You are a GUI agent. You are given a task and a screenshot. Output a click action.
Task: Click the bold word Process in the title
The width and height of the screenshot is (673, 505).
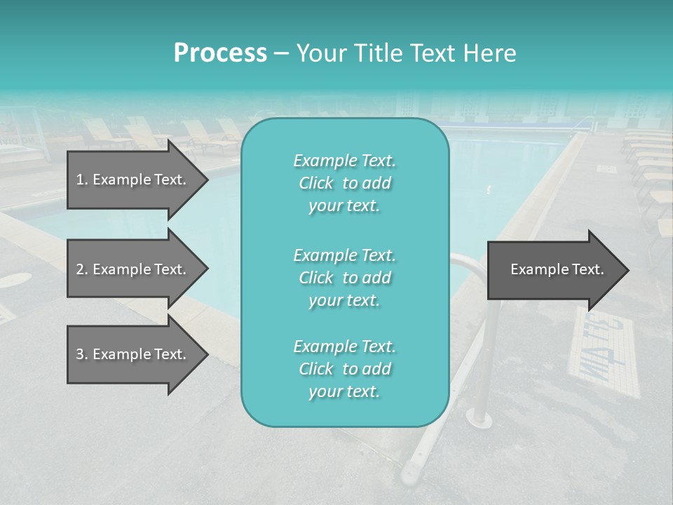[220, 53]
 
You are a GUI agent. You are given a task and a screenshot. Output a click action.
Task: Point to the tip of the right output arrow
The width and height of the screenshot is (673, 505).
[627, 270]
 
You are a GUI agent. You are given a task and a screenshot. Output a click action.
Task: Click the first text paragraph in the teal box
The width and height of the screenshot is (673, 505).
[344, 183]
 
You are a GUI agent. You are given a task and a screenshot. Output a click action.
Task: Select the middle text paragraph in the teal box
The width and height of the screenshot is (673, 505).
[344, 277]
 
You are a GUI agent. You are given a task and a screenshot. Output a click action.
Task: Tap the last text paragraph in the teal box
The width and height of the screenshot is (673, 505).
[344, 369]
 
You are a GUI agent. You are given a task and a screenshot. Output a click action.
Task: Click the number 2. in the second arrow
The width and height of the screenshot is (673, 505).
[82, 269]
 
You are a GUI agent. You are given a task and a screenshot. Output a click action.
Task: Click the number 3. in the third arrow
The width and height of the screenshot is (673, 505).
[82, 354]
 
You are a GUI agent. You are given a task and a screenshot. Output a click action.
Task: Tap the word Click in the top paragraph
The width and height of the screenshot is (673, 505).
[316, 183]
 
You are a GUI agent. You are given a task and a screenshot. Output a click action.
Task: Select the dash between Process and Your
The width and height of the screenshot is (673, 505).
[281, 53]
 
